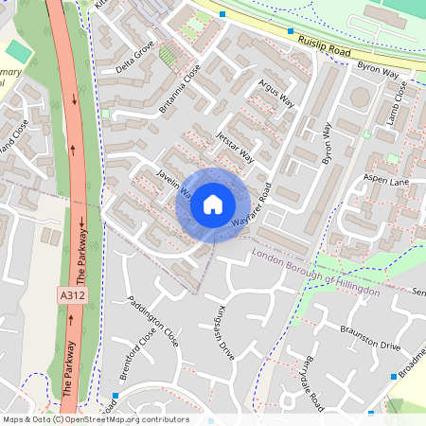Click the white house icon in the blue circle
[x=213, y=204]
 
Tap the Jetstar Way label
[x=236, y=145]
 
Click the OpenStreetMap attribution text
[x=95, y=419]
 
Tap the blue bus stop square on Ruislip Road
[x=222, y=14]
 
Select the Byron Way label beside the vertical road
[x=329, y=151]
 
